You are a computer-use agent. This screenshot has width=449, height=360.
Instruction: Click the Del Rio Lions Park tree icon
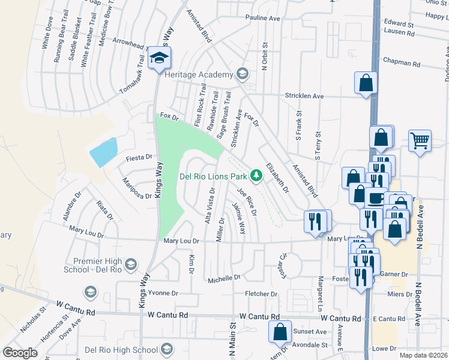pyautogui.click(x=256, y=175)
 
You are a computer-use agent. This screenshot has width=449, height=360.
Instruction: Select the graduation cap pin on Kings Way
pyautogui.click(x=160, y=58)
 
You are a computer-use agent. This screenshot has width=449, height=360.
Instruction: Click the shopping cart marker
pyautogui.click(x=420, y=142)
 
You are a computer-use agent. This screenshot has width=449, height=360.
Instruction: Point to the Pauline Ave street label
pyautogui.click(x=263, y=19)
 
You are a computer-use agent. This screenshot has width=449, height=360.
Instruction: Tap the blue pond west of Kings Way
pyautogui.click(x=103, y=152)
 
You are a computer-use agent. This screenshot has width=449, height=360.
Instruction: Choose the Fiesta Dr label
pyautogui.click(x=137, y=158)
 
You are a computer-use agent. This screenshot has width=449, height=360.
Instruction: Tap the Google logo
pyautogui.click(x=20, y=353)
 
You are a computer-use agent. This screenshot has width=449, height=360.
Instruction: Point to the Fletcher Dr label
pyautogui.click(x=261, y=294)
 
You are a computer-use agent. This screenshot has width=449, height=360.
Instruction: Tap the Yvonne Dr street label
pyautogui.click(x=164, y=293)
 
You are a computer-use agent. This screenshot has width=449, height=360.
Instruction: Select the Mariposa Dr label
pyautogui.click(x=137, y=188)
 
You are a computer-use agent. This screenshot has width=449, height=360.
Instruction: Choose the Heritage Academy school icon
pyautogui.click(x=243, y=74)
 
